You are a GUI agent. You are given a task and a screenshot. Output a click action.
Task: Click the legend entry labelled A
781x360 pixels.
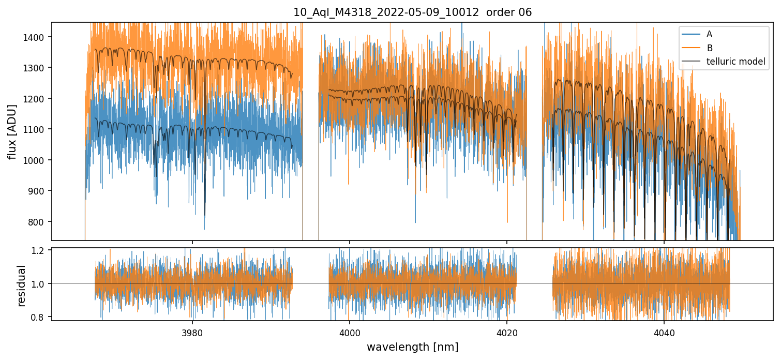709,34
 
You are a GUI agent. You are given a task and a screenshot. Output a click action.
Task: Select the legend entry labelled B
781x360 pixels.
710,48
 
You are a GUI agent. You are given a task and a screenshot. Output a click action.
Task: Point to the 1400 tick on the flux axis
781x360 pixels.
37,37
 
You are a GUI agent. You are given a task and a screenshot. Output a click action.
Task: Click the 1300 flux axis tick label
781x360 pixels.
37,68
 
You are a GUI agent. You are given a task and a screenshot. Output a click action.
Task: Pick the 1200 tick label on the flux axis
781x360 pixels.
37,99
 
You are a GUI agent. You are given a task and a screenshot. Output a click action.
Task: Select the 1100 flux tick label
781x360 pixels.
37,129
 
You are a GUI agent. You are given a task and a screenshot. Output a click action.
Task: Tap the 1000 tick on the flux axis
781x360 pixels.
37,160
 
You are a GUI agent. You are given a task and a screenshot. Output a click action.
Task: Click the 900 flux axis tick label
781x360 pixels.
39,191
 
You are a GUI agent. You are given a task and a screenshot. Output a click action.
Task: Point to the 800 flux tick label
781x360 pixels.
39,222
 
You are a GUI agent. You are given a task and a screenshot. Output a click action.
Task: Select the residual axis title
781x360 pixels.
21,286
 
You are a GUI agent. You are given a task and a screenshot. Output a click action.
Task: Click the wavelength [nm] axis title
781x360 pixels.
412,347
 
